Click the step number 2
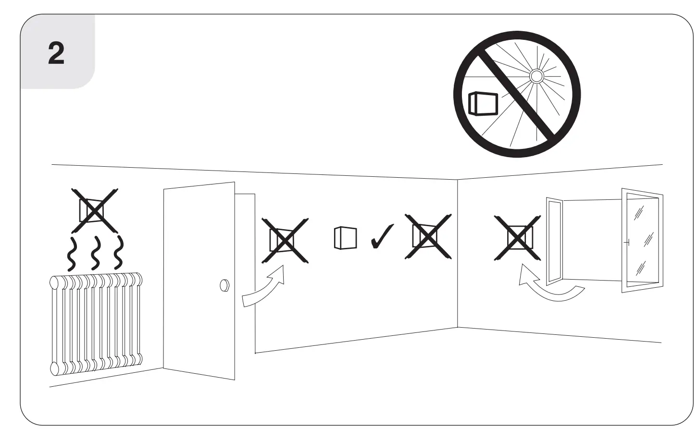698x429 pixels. coord(56,53)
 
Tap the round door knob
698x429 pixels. coord(224,285)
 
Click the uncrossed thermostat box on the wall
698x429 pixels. coord(346,238)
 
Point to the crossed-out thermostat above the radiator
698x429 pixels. coord(94,210)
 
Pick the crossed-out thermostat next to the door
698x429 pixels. coord(285,240)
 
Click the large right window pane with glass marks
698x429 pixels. coord(643,240)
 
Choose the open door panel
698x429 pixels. coord(199,281)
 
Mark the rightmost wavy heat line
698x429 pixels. coord(118,254)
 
